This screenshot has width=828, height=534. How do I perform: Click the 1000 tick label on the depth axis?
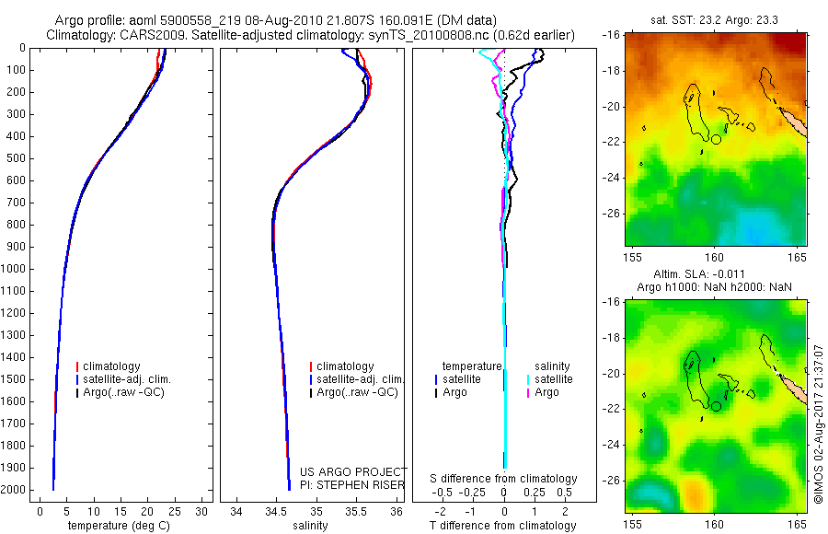(x=16, y=269)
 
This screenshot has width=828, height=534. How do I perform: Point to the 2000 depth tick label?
(x=16, y=490)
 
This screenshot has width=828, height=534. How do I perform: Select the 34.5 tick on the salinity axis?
(x=276, y=510)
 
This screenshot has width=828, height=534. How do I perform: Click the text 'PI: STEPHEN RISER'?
(x=352, y=485)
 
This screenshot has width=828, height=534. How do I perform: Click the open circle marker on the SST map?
(x=716, y=139)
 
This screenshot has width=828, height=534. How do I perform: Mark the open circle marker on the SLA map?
(x=716, y=406)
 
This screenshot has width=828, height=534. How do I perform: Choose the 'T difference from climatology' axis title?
(x=503, y=526)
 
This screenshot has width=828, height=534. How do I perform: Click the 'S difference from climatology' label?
(x=503, y=479)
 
